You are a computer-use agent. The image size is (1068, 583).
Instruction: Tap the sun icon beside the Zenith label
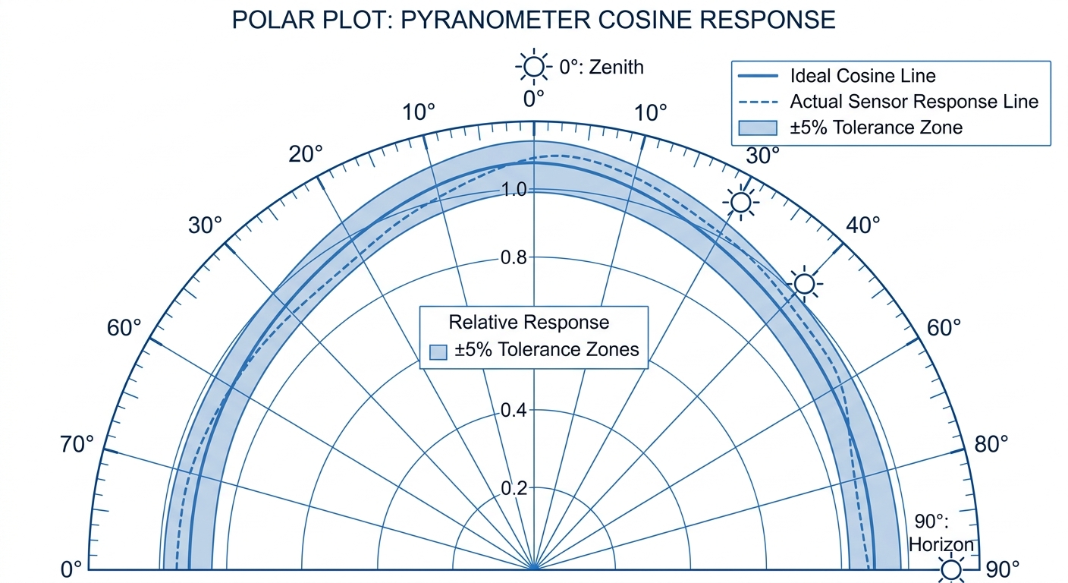coord(533,68)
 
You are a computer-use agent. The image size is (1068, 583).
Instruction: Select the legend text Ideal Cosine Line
coord(862,76)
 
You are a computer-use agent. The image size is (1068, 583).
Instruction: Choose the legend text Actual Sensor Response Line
coord(914,101)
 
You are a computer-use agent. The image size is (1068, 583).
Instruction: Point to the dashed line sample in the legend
coord(758,102)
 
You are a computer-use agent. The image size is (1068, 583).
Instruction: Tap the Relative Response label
coord(529,322)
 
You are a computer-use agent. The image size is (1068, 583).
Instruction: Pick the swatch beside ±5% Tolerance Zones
coord(438,351)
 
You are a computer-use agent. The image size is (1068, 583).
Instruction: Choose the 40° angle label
coord(863,225)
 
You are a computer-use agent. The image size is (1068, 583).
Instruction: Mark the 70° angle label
coord(77,443)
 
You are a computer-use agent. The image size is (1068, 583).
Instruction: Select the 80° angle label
coord(991,443)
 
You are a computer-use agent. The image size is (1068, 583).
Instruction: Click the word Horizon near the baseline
coord(941,544)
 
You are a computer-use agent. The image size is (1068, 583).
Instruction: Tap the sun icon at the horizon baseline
coord(950,569)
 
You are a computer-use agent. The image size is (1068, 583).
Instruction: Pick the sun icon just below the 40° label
coord(804,284)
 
